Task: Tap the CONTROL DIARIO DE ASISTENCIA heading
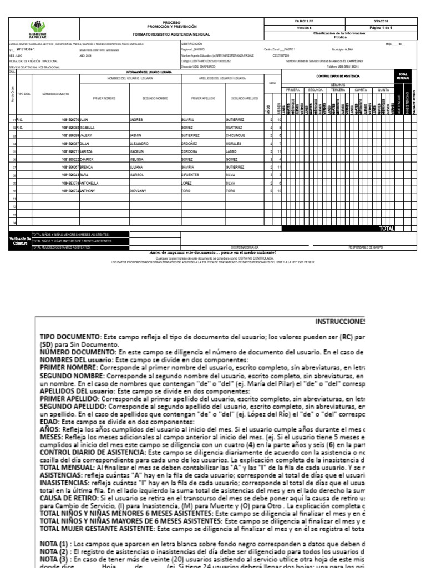click(338, 75)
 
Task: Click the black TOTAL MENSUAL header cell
click(403, 75)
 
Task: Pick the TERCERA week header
click(338, 89)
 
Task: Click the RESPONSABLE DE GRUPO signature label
click(364, 247)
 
